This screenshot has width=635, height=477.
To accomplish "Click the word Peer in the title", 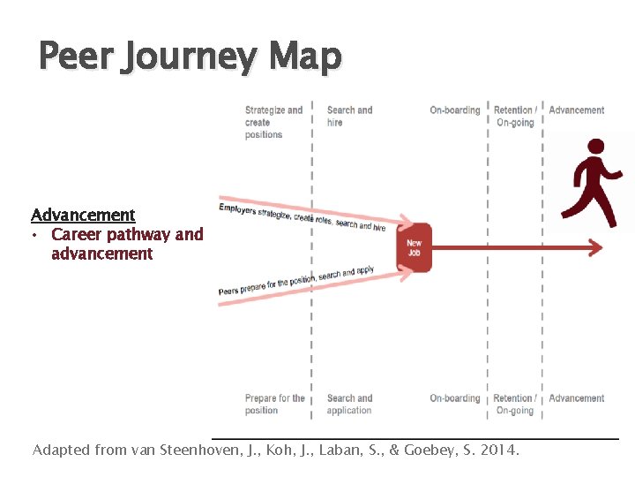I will click(73, 58).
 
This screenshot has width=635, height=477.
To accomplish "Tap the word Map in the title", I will click(306, 58).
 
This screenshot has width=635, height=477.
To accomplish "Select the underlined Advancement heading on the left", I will click(83, 215).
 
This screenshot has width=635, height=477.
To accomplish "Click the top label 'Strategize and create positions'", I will click(273, 122).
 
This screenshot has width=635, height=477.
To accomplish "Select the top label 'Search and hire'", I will click(349, 116).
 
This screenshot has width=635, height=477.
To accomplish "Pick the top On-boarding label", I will click(455, 110).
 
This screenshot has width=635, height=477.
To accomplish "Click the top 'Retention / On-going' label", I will click(515, 116).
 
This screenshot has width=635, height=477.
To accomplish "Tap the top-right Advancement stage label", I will click(577, 110).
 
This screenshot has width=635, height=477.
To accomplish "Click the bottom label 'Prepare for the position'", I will click(274, 404).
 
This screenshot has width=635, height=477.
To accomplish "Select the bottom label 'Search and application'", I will click(349, 404).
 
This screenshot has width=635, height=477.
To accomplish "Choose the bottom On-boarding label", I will click(455, 398).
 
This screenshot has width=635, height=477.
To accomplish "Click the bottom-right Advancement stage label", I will click(577, 398).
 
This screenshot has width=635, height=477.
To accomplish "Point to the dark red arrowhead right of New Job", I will click(595, 248).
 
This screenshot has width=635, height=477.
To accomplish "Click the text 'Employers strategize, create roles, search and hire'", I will click(302, 217).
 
